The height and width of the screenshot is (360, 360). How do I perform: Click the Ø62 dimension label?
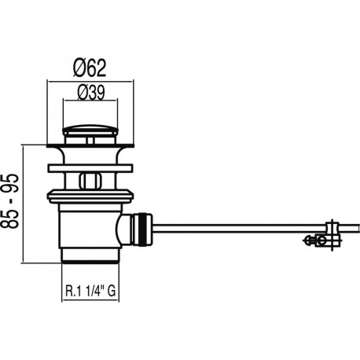[x=90, y=68]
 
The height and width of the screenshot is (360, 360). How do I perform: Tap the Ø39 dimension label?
[x=91, y=93]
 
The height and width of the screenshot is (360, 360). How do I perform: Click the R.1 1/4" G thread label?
[x=90, y=291]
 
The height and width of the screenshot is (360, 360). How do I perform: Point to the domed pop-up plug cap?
[x=90, y=130]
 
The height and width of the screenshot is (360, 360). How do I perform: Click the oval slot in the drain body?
[x=90, y=181]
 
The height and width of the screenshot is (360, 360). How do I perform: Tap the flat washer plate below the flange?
[x=90, y=168]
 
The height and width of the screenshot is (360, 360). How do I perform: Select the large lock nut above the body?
[x=90, y=197]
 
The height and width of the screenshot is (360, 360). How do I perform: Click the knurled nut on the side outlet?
[x=142, y=230]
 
